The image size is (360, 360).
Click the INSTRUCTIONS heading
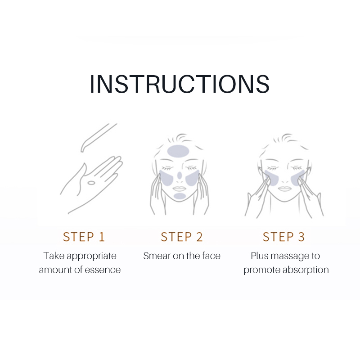(x=180, y=84)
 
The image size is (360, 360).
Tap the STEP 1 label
(x=84, y=237)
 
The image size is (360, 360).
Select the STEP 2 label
(x=182, y=237)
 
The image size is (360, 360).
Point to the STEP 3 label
(x=283, y=237)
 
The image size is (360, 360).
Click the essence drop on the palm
(x=91, y=183)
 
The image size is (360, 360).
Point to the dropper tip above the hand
(x=82, y=150)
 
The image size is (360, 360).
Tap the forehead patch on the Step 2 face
(x=178, y=151)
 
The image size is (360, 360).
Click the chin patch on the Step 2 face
(x=180, y=196)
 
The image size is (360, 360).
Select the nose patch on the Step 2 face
(x=180, y=175)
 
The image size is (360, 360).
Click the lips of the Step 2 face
(x=179, y=189)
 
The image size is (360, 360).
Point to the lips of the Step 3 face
(x=284, y=189)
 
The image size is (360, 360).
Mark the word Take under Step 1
(x=54, y=256)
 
